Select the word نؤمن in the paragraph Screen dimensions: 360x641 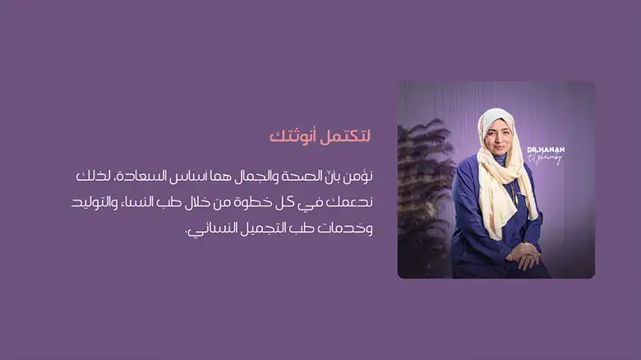pos(359,176)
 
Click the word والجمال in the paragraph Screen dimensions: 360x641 pos(246,176)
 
